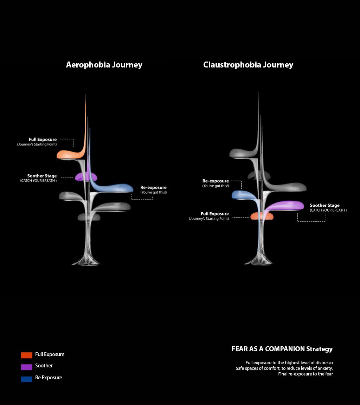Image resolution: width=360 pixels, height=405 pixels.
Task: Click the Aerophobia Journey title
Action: [x=104, y=65]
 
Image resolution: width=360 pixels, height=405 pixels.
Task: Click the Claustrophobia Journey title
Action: [x=248, y=65]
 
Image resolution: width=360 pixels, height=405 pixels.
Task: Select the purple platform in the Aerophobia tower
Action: [x=85, y=176]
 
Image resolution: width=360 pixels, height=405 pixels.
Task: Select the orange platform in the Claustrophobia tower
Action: [x=262, y=216]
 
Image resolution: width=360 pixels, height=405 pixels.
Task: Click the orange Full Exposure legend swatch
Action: [x=27, y=355]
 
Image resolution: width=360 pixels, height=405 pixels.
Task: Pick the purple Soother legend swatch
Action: [x=27, y=367]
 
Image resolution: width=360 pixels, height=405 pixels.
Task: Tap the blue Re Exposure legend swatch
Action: [x=27, y=379]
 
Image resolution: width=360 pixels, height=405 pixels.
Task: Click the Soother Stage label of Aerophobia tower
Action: [x=42, y=176]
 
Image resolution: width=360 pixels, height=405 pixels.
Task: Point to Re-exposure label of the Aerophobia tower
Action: [x=153, y=188]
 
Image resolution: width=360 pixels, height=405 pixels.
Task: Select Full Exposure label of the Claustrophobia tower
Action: [x=214, y=214]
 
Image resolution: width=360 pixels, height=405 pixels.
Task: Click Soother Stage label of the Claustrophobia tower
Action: [x=324, y=205]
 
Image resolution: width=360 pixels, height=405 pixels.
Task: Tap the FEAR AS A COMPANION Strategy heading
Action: [x=282, y=349]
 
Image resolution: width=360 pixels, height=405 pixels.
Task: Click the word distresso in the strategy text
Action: [x=324, y=362]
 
